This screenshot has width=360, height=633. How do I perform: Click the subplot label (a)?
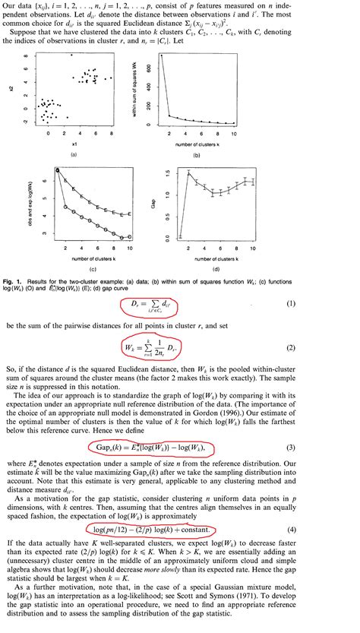(x=74, y=154)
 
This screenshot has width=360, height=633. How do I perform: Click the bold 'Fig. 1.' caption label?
(x=16, y=280)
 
